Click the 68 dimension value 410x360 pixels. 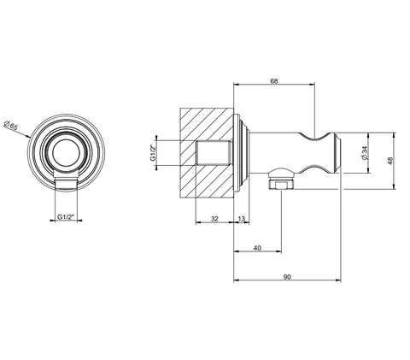[x=273, y=81]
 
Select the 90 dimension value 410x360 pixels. [x=287, y=277]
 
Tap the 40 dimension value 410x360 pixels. [x=257, y=248]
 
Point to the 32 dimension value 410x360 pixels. [x=214, y=219]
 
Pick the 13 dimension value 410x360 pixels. [x=241, y=219]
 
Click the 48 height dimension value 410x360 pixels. [x=389, y=161]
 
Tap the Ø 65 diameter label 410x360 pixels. [x=10, y=125]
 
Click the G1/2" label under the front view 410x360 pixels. [x=66, y=217]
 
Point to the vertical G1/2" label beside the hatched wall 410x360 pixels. [x=153, y=153]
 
